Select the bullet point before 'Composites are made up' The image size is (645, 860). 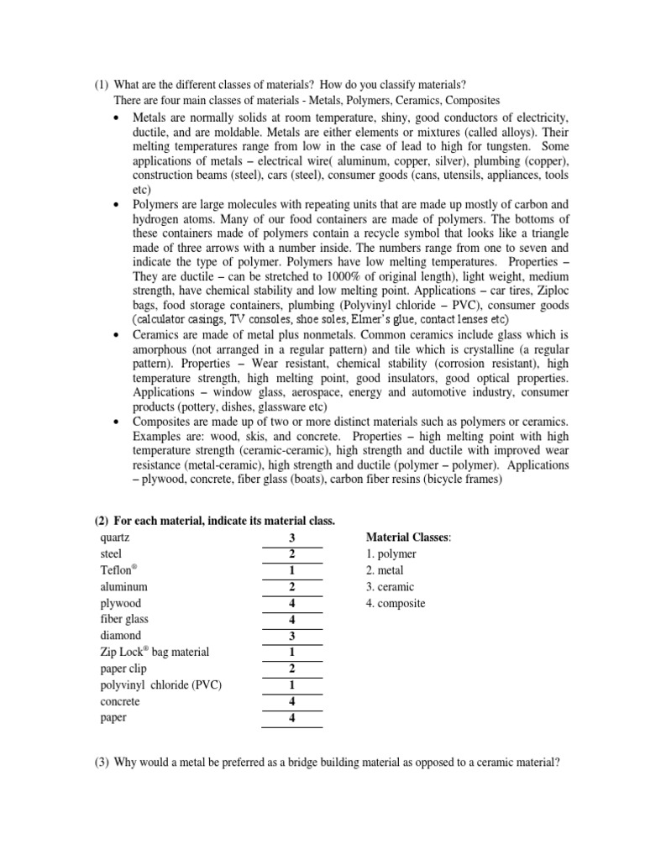tap(117, 421)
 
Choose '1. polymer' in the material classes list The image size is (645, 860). tap(391, 554)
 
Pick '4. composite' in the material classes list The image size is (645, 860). tap(396, 603)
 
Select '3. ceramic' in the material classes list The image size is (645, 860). tap(391, 587)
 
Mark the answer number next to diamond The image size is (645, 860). tap(292, 637)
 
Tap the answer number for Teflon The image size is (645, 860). tap(292, 571)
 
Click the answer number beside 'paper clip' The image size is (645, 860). tap(292, 669)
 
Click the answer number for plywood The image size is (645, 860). tap(292, 604)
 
